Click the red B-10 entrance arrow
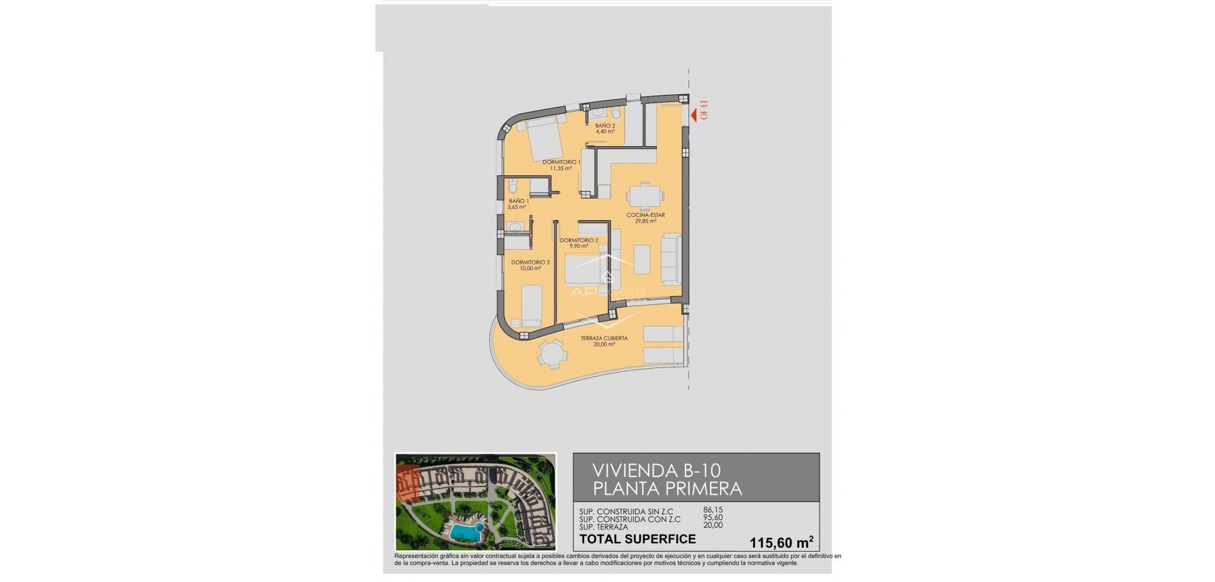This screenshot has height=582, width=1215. click(694, 115)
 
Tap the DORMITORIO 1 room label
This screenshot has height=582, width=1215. click(561, 162)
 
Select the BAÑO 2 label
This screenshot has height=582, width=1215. click(606, 125)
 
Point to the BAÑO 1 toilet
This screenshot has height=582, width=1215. click(513, 185)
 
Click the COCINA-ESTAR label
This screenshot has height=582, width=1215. click(645, 215)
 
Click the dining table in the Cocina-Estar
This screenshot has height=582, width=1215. click(644, 196)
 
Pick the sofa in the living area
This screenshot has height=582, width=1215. click(671, 258)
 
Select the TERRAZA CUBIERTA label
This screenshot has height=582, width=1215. click(604, 338)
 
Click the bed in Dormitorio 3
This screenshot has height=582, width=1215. click(530, 306)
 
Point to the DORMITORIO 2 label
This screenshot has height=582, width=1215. click(578, 240)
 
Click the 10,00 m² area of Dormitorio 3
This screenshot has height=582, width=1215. click(530, 268)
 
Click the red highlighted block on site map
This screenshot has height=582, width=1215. click(408, 484)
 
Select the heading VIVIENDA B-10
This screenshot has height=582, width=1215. click(656, 471)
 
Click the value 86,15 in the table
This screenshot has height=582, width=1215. click(713, 510)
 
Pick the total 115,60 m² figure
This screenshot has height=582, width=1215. click(781, 542)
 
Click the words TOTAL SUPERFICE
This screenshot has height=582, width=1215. click(638, 539)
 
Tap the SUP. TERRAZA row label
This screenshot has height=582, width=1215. click(604, 526)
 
